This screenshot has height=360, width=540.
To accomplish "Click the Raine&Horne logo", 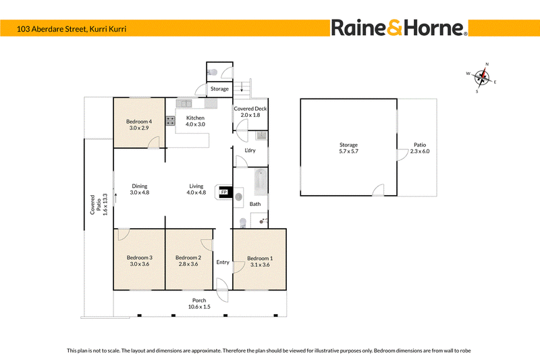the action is [x=399, y=28].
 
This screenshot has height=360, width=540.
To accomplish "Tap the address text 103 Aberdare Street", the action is [x=51, y=29].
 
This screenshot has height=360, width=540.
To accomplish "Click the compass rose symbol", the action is [x=482, y=78].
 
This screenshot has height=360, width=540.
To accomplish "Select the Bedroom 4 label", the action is [x=139, y=122].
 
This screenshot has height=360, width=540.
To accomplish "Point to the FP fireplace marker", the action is [x=224, y=192].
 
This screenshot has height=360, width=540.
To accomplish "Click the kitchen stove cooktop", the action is [x=170, y=121].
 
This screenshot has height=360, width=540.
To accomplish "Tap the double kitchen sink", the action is [x=184, y=103].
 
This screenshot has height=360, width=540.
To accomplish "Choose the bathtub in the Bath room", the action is [x=261, y=182].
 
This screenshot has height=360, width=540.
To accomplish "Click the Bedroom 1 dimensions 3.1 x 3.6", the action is [x=260, y=265].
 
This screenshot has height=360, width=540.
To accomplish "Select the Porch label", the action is [x=199, y=301].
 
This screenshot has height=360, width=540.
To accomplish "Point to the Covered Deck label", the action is [x=250, y=109].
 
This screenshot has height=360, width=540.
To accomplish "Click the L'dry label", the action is [x=250, y=150].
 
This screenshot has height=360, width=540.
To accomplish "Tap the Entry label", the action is [x=223, y=262].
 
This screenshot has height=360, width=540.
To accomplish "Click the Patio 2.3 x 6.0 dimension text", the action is [x=420, y=151].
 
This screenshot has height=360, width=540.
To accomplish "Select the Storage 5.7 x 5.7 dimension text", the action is [x=348, y=151].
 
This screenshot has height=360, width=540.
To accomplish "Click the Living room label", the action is [x=196, y=186].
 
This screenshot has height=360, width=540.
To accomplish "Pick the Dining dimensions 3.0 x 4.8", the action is [x=140, y=192].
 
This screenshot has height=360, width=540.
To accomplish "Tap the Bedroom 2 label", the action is [x=188, y=257].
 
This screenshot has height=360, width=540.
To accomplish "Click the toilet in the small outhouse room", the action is [x=213, y=72].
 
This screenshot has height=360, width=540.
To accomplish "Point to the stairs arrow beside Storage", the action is [x=242, y=86].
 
